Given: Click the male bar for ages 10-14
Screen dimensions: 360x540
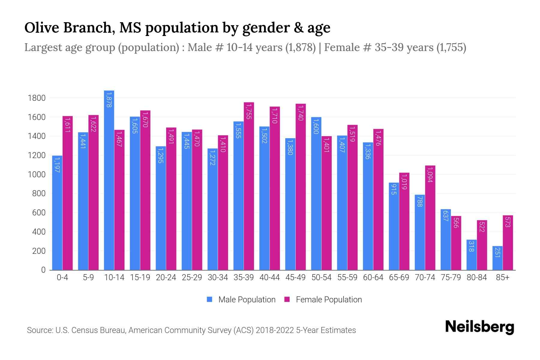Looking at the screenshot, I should point(109,180).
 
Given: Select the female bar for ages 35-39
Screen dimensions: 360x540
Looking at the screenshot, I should point(249,186).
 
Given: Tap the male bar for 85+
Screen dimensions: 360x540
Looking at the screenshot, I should point(497,258).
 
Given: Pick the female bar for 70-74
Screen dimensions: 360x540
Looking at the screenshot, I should point(430,217).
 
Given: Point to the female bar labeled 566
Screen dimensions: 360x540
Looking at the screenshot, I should point(456,243).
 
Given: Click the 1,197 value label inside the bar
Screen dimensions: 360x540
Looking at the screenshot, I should point(57,165).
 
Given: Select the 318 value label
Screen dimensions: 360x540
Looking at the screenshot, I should point(471,246).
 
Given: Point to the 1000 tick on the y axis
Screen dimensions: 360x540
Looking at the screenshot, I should point(36,175).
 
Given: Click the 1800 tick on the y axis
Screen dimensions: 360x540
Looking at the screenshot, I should point(36,98).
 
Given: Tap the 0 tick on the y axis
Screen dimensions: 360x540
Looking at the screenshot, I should point(43,270).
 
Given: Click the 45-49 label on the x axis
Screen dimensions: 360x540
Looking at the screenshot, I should point(295,277).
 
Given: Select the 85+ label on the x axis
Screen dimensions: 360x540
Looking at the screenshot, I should point(502,277).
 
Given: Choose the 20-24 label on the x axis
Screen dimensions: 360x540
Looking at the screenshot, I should point(166,277).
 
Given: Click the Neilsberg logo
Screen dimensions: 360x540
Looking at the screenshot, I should point(479,327).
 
